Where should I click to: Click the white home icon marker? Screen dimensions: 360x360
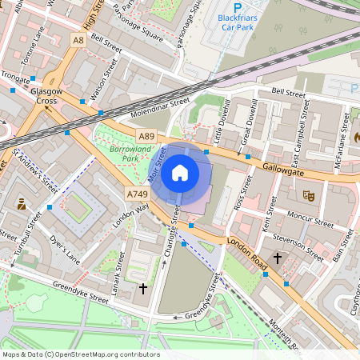pyautogui.click(x=180, y=172)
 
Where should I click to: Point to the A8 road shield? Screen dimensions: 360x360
pyautogui.click(x=78, y=39)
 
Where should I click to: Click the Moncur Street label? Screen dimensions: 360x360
pyautogui.click(x=310, y=218)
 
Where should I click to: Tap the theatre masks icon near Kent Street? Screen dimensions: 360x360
pyautogui.click(x=307, y=194)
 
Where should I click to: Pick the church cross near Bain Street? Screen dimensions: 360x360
pyautogui.click(x=278, y=258)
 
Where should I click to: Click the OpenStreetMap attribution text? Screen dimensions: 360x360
pyautogui.click(x=80, y=354)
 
